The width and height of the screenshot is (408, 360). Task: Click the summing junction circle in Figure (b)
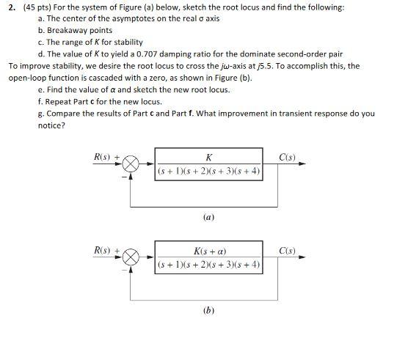click(x=131, y=258)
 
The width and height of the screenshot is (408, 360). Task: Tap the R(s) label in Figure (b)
click(x=103, y=251)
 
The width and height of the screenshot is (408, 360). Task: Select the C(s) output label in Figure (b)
click(x=287, y=251)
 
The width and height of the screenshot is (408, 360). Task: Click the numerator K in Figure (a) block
click(x=209, y=158)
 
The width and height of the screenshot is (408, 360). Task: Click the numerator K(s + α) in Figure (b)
click(x=209, y=251)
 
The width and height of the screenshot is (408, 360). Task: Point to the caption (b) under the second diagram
click(x=208, y=310)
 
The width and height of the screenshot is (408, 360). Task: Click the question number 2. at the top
click(x=12, y=7)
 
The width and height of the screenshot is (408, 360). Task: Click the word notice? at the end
click(x=51, y=125)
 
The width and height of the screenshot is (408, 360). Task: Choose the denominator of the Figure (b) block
click(x=209, y=265)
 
